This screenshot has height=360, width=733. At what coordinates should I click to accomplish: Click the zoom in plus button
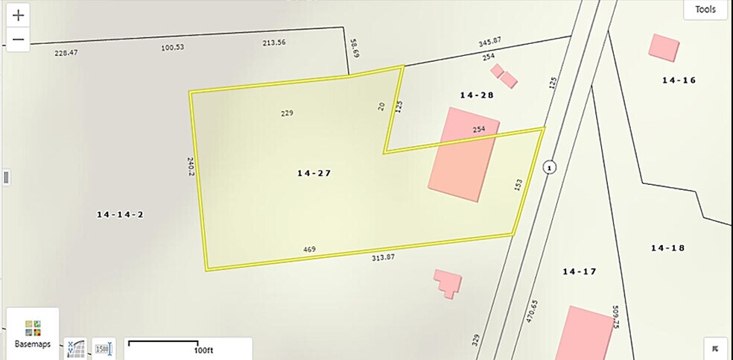pyautogui.click(x=19, y=14)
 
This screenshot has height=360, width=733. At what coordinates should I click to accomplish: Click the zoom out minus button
pyautogui.click(x=19, y=40)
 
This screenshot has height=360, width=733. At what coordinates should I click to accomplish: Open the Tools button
pyautogui.click(x=705, y=10)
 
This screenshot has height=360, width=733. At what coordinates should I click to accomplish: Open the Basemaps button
pyautogui.click(x=32, y=333)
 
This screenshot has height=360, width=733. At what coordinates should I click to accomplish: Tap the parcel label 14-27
pyautogui.click(x=314, y=173)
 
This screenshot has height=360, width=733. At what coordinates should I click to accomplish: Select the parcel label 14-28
pyautogui.click(x=477, y=95)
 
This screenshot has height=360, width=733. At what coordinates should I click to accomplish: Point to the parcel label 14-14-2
pyautogui.click(x=120, y=215)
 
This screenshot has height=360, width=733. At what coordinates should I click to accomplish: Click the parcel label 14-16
pyautogui.click(x=679, y=80)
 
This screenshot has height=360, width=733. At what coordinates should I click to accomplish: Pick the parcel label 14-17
pyautogui.click(x=579, y=272)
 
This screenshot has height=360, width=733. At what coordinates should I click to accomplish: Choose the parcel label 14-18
pyautogui.click(x=667, y=247)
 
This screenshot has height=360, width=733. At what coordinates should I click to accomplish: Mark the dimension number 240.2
pyautogui.click(x=191, y=166)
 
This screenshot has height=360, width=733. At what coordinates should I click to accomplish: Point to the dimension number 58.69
pyautogui.click(x=355, y=50)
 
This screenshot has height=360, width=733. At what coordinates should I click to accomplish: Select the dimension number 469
pyautogui.click(x=308, y=249)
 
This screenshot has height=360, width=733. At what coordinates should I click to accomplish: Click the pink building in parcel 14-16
pyautogui.click(x=663, y=47)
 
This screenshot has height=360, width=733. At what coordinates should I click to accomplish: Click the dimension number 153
pyautogui.click(x=518, y=184)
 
